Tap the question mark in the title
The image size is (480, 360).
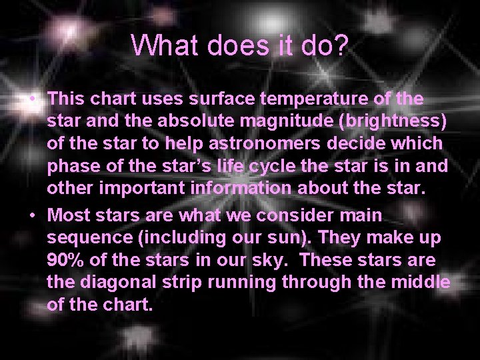pos(339,45)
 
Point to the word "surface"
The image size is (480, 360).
pos(221,99)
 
